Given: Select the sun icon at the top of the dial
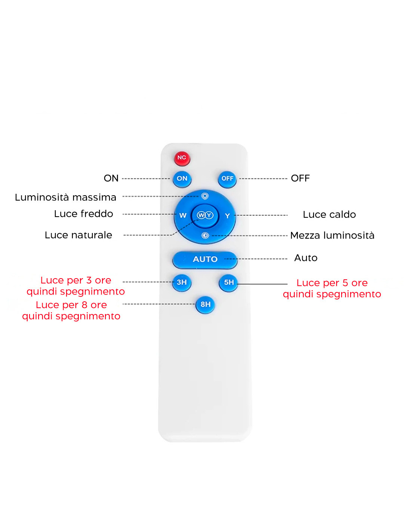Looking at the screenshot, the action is click(x=205, y=196).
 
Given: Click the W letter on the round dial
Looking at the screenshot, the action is click(x=183, y=215).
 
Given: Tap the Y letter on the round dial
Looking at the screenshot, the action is click(x=228, y=216).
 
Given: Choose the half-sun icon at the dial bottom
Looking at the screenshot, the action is click(x=205, y=235).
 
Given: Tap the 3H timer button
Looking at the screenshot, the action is click(x=182, y=282).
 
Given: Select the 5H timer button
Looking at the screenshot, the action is click(x=229, y=283).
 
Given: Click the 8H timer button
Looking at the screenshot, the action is click(x=205, y=304).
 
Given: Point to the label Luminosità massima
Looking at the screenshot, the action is click(x=65, y=197).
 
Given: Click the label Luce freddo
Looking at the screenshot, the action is click(x=84, y=214).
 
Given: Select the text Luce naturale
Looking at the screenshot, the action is click(x=78, y=235).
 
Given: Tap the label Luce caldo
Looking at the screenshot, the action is click(x=329, y=214).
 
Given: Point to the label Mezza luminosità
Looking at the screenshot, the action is click(x=332, y=235).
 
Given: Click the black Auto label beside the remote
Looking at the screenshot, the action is click(x=306, y=258).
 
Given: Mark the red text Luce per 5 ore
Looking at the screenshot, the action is click(x=332, y=283).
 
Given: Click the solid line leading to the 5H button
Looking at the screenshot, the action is click(x=262, y=284).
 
